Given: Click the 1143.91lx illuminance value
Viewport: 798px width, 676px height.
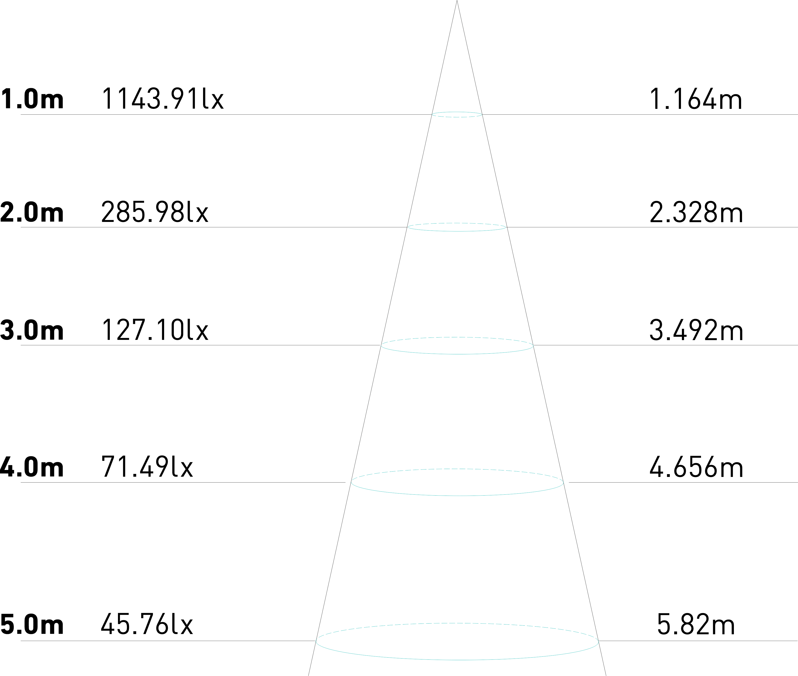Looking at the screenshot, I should pyautogui.click(x=162, y=99).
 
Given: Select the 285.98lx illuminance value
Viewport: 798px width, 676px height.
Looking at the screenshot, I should pyautogui.click(x=155, y=212).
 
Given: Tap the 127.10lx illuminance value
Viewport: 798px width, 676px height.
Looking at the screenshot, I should pyautogui.click(x=155, y=330).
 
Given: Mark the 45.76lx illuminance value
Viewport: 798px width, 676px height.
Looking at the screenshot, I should pyautogui.click(x=147, y=625).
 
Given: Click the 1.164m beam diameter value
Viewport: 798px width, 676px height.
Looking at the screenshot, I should pyautogui.click(x=696, y=99).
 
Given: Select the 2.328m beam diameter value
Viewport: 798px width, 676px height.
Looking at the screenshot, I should pyautogui.click(x=696, y=212).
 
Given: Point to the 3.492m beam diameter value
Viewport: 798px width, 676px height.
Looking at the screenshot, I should pyautogui.click(x=696, y=330).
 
